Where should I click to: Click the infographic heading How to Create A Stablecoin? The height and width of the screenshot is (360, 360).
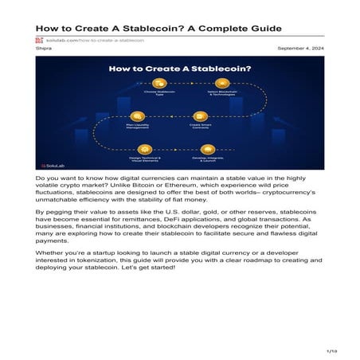pos(179,71)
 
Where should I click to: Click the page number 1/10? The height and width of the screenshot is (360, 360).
pos(332,350)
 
